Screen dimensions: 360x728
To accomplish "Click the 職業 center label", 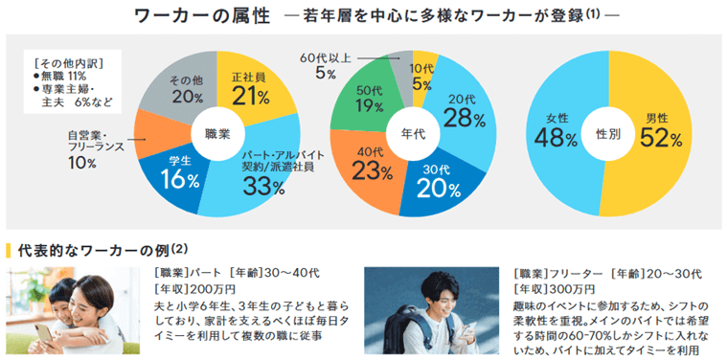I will pyautogui.click(x=216, y=134).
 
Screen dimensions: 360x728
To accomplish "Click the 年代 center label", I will pyautogui.click(x=413, y=134).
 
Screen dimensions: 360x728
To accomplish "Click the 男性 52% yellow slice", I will pyautogui.click(x=661, y=134).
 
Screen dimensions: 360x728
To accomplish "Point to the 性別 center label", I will pyautogui.click(x=609, y=134).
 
